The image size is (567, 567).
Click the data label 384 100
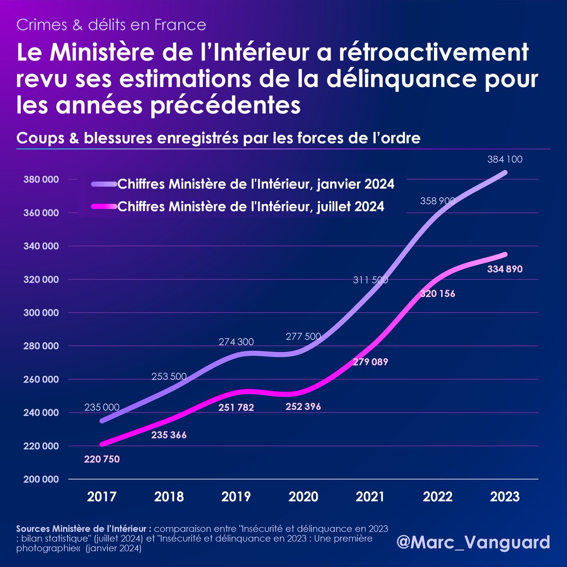point(505,160)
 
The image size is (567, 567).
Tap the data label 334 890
point(505,270)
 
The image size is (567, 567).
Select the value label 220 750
point(102,459)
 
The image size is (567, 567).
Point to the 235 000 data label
point(102,407)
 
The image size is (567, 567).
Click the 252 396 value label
point(303,407)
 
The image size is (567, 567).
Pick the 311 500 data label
point(370,280)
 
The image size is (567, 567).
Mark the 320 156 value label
point(437,294)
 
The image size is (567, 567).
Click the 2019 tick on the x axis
point(236,497)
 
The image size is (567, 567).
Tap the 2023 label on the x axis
point(505,497)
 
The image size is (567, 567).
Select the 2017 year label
point(102,497)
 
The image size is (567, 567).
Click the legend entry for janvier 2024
point(255,184)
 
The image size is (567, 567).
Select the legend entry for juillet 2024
point(250,206)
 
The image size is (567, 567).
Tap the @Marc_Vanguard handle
point(473,542)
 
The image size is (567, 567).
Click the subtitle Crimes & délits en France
point(111,25)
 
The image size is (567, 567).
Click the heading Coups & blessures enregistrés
point(218,138)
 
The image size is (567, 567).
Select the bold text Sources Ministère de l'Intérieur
point(83,528)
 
